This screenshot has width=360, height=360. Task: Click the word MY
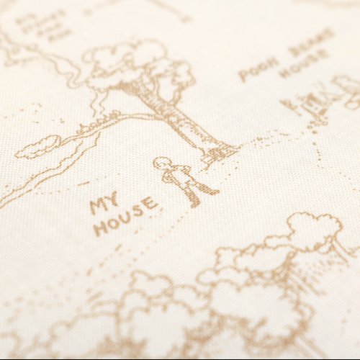(106, 204)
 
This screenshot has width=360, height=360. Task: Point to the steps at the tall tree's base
(220, 153)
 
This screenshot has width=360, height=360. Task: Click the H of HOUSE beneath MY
(99, 229)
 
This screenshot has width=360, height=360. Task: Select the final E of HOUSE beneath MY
(149, 204)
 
